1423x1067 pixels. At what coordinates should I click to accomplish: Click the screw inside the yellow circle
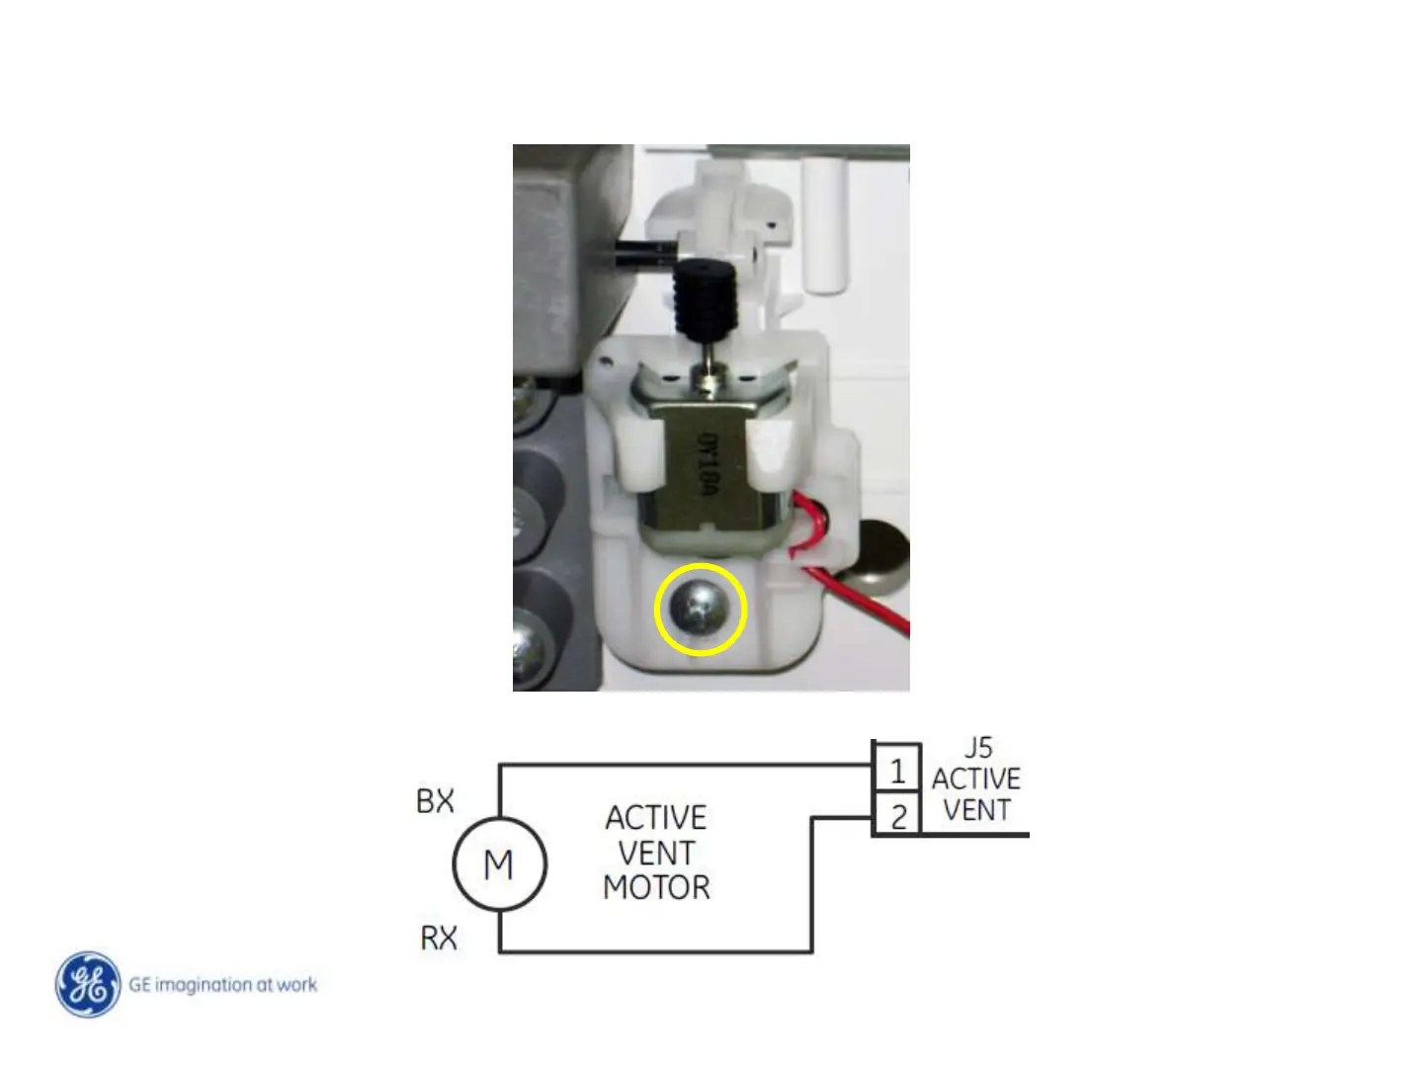[701, 611]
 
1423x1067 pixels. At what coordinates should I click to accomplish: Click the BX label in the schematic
[435, 801]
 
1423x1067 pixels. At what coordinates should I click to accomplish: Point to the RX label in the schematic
[439, 938]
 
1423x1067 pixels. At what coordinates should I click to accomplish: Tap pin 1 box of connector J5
[897, 770]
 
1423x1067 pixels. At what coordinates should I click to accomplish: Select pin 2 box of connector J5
[897, 817]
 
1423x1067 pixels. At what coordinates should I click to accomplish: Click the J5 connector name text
[977, 748]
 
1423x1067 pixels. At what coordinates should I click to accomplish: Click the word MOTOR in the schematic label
[656, 887]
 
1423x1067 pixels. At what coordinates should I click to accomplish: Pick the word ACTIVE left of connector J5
[976, 779]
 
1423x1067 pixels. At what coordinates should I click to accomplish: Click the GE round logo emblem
[89, 984]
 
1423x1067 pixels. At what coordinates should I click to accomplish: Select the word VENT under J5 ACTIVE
[976, 810]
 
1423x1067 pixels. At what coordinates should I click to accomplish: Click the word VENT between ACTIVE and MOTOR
[656, 853]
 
